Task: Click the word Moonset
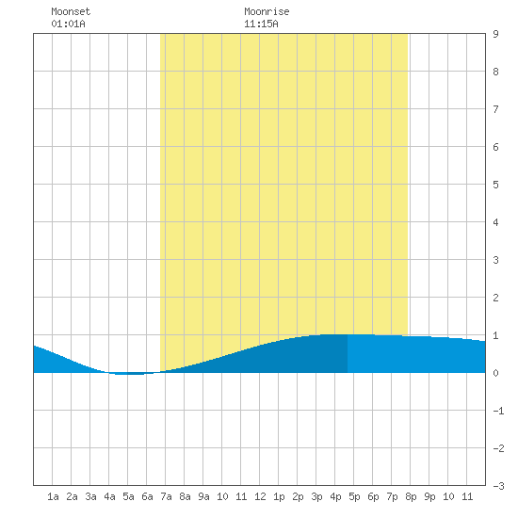pyautogui.click(x=71, y=11)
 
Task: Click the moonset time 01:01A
pyautogui.click(x=68, y=24)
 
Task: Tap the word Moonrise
pyautogui.click(x=267, y=11)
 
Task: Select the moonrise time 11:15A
pyautogui.click(x=261, y=24)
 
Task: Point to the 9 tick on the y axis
pyautogui.click(x=495, y=34)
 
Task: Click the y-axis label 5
pyautogui.click(x=495, y=185)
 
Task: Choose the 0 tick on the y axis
pyautogui.click(x=495, y=373)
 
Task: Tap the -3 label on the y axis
pyautogui.click(x=498, y=486)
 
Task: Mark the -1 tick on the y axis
pyautogui.click(x=498, y=411)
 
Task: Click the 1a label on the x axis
pyautogui.click(x=53, y=496)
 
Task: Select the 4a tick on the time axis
pyautogui.click(x=109, y=496)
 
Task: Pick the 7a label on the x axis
pyautogui.click(x=166, y=496)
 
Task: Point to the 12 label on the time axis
pyautogui.click(x=260, y=496)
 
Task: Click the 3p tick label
pyautogui.click(x=316, y=496)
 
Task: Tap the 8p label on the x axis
pyautogui.click(x=411, y=496)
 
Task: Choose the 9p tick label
pyautogui.click(x=429, y=496)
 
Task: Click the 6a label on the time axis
pyautogui.click(x=147, y=496)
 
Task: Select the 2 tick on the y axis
pyautogui.click(x=495, y=298)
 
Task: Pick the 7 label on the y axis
pyautogui.click(x=495, y=109)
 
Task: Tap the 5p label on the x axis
pyautogui.click(x=354, y=496)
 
